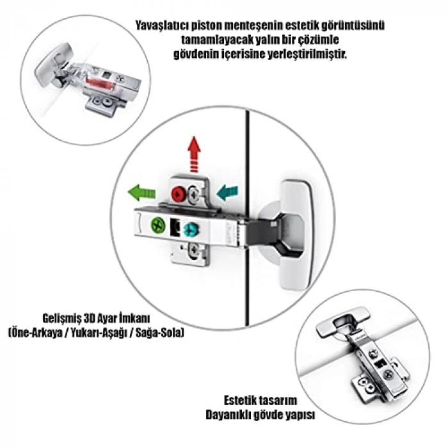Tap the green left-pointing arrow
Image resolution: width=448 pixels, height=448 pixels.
pyautogui.click(x=142, y=191)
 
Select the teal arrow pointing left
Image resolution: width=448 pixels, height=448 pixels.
pyautogui.click(x=227, y=191)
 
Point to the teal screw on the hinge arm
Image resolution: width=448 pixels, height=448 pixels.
pyautogui.click(x=189, y=228)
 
